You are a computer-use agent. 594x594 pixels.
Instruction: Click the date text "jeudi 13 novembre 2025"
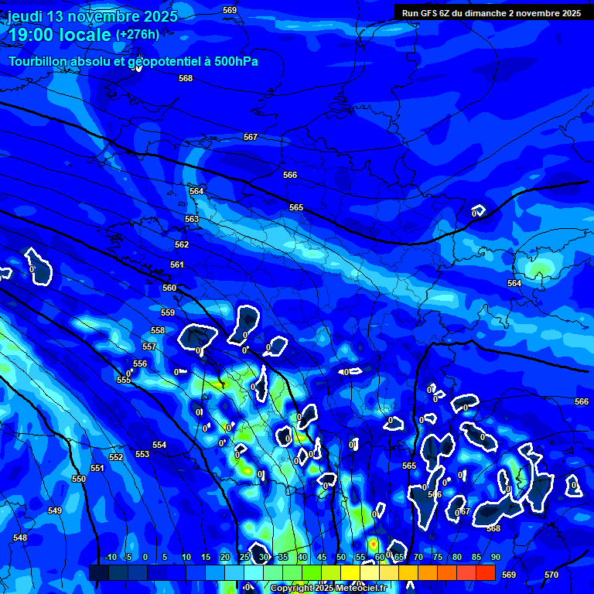93,16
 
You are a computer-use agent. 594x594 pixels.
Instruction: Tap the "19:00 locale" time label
60,35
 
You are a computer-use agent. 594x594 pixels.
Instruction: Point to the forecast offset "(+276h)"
138,34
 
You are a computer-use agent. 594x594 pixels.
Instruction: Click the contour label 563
192,219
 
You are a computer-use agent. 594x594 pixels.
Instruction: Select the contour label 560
169,288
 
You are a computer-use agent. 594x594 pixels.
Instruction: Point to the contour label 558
158,330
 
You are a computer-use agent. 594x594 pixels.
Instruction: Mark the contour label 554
159,445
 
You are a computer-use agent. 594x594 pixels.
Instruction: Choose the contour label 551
97,468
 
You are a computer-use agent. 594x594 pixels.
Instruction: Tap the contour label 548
20,538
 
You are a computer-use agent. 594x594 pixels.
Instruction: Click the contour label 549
54,510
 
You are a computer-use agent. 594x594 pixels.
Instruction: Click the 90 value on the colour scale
495,557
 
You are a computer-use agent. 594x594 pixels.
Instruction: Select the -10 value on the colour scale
110,557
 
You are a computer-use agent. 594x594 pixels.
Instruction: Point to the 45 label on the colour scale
322,557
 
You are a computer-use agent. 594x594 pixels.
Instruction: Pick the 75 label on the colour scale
438,557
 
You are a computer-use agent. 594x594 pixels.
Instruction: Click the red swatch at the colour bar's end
485,572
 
